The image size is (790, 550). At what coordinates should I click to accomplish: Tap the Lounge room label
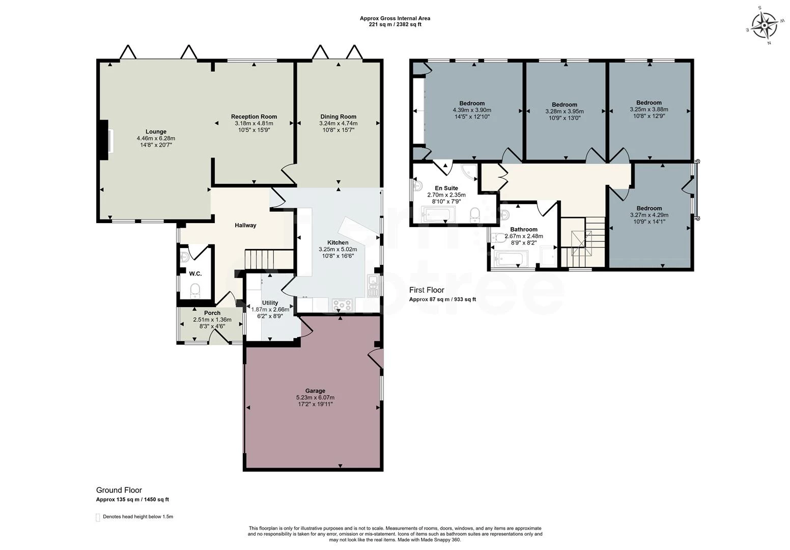(156, 131)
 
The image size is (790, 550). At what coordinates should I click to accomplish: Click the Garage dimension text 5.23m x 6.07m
(315, 397)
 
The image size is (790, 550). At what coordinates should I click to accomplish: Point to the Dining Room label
(338, 117)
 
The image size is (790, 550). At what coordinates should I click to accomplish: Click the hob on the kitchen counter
(342, 305)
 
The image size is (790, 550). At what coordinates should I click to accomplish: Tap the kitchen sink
(373, 285)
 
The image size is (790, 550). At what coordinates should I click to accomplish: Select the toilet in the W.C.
(194, 291)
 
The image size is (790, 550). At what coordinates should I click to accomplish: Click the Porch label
(212, 313)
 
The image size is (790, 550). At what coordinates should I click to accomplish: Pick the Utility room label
(270, 302)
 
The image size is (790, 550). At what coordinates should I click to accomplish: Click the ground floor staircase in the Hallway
(269, 260)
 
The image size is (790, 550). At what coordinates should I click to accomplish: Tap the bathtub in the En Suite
(439, 214)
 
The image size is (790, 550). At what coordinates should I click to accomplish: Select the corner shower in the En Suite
(470, 172)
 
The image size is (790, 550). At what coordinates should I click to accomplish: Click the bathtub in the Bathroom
(511, 259)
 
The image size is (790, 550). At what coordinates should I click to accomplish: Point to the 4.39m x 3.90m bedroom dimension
(472, 110)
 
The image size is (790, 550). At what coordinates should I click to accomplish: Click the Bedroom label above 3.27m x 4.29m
(650, 208)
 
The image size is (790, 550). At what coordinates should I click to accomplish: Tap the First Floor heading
(427, 290)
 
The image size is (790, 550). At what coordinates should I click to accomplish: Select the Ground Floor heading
(119, 490)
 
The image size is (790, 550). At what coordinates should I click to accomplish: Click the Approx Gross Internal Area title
(395, 18)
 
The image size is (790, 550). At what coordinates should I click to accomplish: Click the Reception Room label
(254, 117)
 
